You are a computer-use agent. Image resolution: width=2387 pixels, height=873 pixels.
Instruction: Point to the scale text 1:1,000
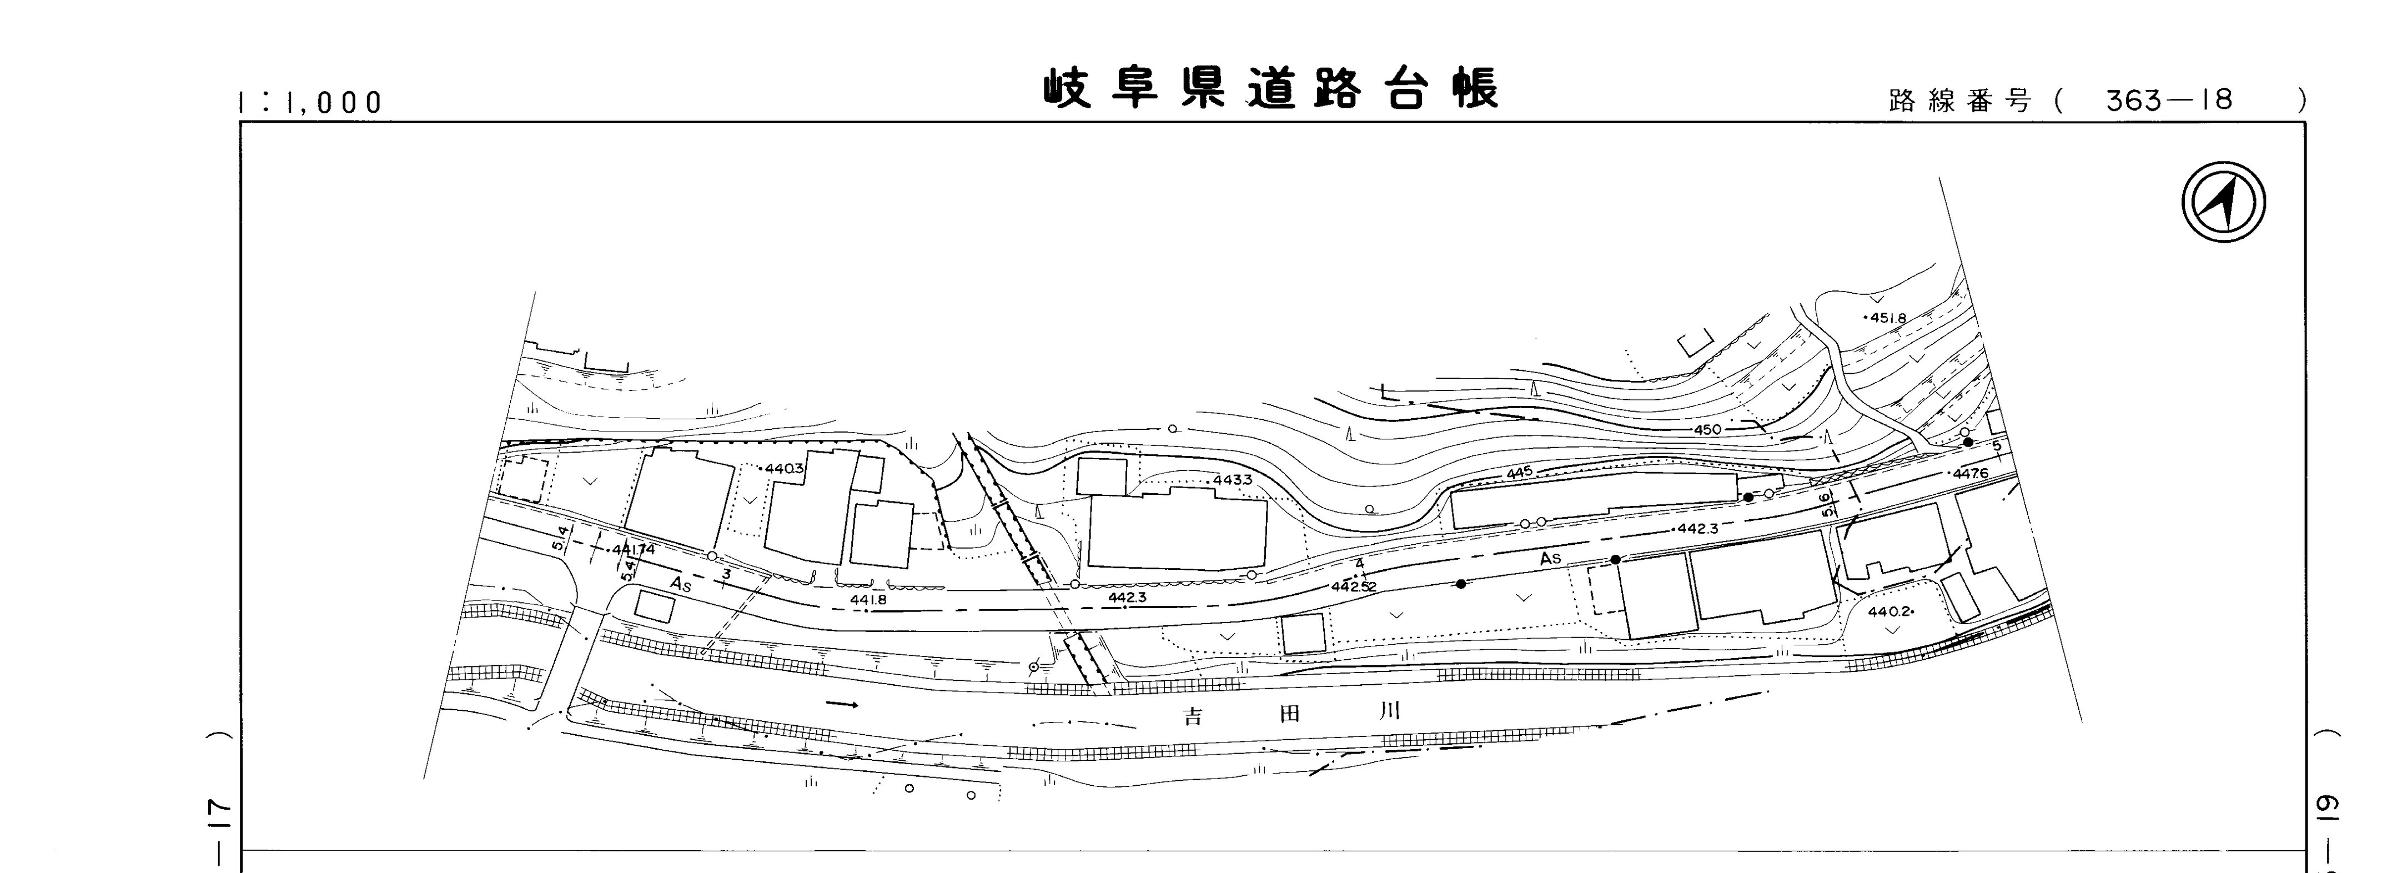(x=310, y=102)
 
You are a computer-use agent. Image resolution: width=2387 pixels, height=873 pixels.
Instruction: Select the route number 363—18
(x=2168, y=100)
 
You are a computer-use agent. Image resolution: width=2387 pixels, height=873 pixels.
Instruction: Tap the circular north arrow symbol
(x=2224, y=203)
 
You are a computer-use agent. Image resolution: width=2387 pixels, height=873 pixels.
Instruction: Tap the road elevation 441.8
(x=868, y=600)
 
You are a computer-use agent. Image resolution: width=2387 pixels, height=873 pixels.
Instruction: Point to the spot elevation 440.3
(x=785, y=469)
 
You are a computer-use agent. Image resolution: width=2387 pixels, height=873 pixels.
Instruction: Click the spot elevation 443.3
(x=1233, y=480)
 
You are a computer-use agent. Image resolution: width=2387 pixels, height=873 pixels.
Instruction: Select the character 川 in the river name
(x=1387, y=712)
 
